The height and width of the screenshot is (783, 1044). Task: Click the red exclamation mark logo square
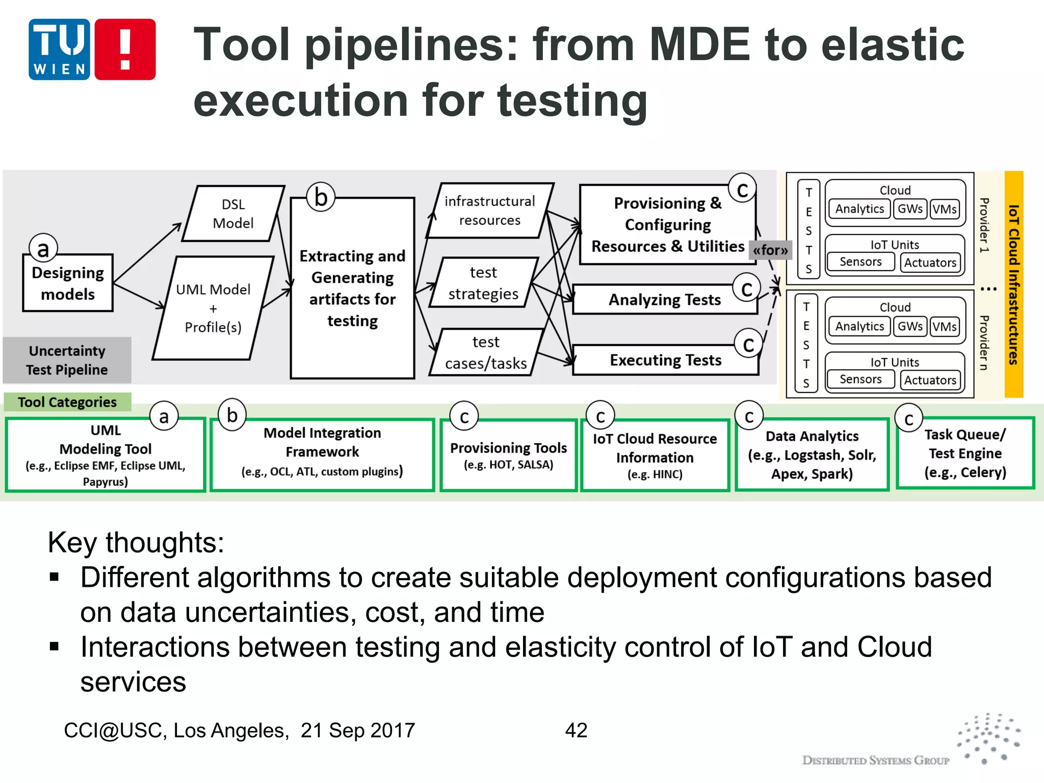(x=125, y=49)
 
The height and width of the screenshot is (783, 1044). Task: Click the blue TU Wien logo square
(x=60, y=49)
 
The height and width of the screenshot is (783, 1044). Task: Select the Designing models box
(x=68, y=283)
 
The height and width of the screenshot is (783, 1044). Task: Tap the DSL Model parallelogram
(x=233, y=214)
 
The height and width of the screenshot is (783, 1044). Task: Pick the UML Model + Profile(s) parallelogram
(x=213, y=308)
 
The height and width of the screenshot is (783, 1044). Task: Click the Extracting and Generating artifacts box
(x=352, y=289)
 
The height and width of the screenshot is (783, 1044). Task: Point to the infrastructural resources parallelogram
(x=489, y=211)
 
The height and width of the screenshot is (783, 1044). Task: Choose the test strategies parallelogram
(x=483, y=283)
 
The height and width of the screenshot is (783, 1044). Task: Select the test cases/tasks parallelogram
(x=486, y=352)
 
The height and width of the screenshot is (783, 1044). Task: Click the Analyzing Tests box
(x=664, y=300)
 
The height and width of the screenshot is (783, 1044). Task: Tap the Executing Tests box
(x=665, y=360)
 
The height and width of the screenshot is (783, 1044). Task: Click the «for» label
(x=770, y=250)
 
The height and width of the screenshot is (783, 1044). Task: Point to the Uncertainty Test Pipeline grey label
(x=67, y=360)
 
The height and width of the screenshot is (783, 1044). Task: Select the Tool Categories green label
(x=67, y=402)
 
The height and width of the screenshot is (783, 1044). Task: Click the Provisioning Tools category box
(x=508, y=455)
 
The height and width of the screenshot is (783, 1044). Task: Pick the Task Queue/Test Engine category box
(x=965, y=453)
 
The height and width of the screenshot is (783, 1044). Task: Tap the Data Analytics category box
(x=812, y=455)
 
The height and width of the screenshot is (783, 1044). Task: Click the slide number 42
(x=576, y=730)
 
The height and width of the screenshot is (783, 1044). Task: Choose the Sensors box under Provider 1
(x=860, y=262)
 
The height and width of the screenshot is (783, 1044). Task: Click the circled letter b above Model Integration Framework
(x=232, y=415)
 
